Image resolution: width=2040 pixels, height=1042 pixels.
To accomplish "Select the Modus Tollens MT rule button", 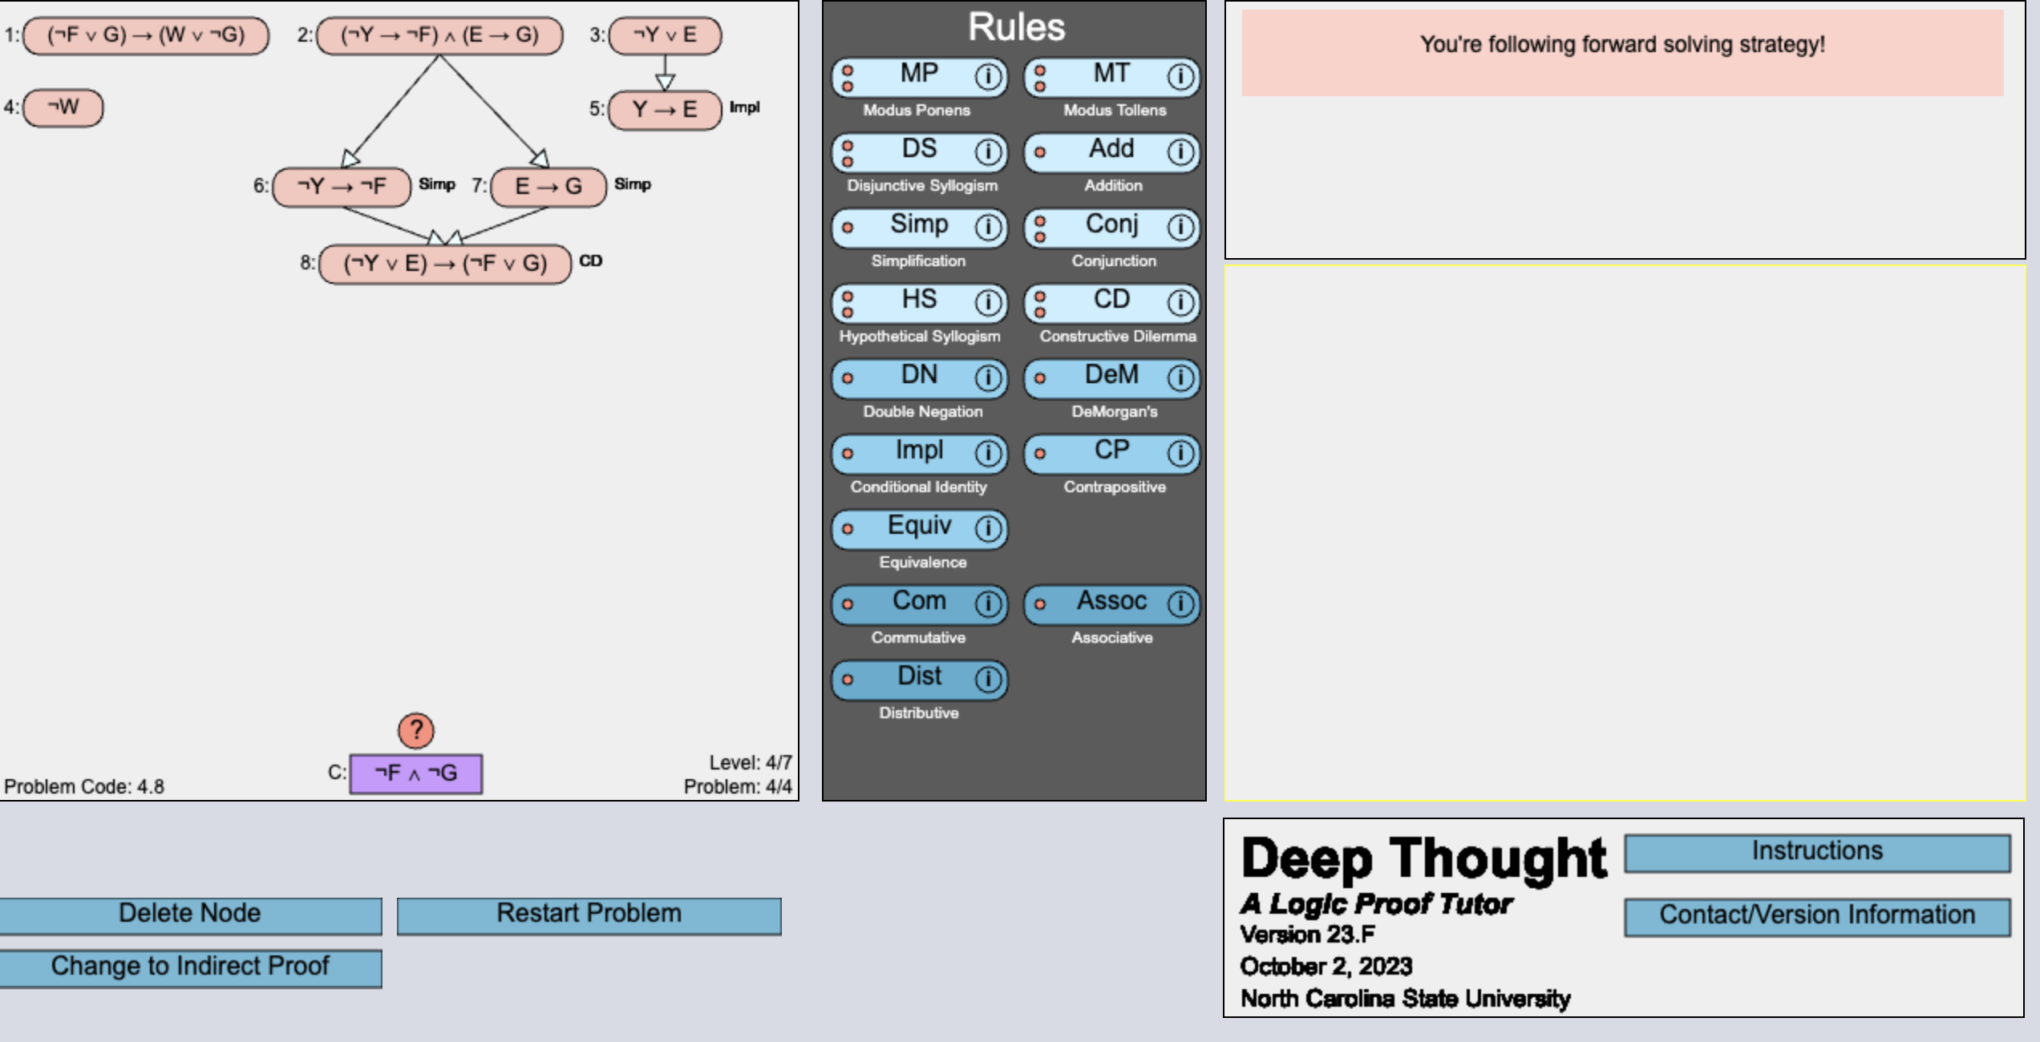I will [1111, 75].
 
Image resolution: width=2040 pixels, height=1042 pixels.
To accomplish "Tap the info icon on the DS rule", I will [988, 151].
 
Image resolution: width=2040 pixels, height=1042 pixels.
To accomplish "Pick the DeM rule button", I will [1111, 377].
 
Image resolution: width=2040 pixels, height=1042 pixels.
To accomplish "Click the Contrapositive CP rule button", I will [1111, 452].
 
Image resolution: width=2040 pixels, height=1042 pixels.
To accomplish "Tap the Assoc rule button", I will [1111, 603].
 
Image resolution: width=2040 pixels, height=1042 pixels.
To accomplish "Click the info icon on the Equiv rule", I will [988, 528].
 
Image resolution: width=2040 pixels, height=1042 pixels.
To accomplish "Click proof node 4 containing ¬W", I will [63, 107].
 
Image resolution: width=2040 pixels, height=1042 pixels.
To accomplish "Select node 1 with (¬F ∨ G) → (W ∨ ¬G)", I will [146, 36].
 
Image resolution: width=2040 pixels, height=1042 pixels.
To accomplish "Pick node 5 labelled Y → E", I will [665, 110].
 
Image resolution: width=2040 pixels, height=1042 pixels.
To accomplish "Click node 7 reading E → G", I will [548, 187].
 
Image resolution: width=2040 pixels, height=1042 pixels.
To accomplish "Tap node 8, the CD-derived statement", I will [445, 264].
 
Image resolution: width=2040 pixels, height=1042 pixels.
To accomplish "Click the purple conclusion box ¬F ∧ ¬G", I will [416, 773].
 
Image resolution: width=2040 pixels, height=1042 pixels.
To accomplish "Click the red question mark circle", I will [416, 730].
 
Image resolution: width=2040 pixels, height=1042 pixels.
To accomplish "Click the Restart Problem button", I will [589, 915].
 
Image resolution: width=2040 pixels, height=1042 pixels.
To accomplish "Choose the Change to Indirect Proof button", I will [190, 967].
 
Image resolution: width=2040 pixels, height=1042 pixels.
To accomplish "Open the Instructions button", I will [1817, 852].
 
